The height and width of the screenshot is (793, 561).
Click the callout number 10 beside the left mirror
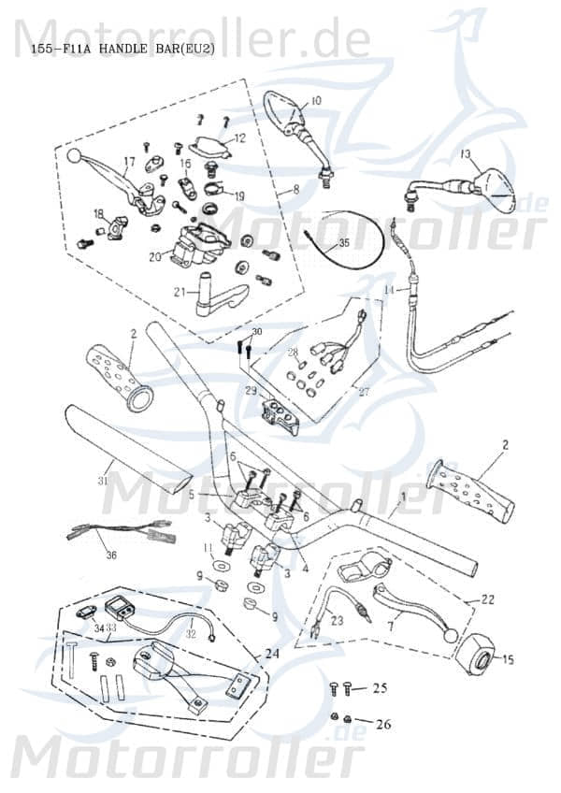(x=315, y=100)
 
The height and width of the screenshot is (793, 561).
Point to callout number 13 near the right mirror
(x=466, y=153)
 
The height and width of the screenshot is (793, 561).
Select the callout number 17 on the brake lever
(x=130, y=162)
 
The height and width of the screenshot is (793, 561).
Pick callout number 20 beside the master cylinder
(x=154, y=255)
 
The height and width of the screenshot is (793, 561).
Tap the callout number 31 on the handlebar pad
(x=104, y=481)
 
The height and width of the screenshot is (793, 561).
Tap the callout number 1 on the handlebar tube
(x=404, y=499)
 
